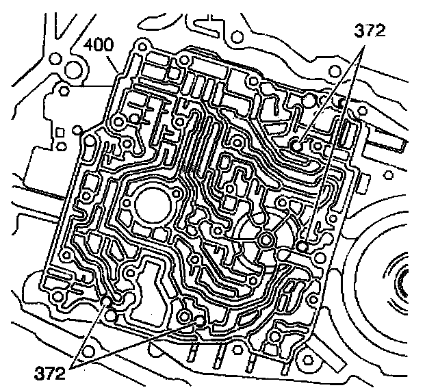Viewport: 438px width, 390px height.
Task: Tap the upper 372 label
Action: click(369, 31)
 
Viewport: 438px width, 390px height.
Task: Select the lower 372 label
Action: click(49, 373)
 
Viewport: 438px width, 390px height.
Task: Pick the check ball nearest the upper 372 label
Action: click(297, 144)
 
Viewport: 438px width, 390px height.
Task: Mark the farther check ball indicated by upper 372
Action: click(302, 246)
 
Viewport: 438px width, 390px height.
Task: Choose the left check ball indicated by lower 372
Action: click(107, 302)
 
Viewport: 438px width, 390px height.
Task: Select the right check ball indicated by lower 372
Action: click(199, 319)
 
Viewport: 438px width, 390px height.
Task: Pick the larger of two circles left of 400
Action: click(70, 68)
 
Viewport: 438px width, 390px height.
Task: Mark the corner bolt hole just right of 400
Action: click(141, 47)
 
